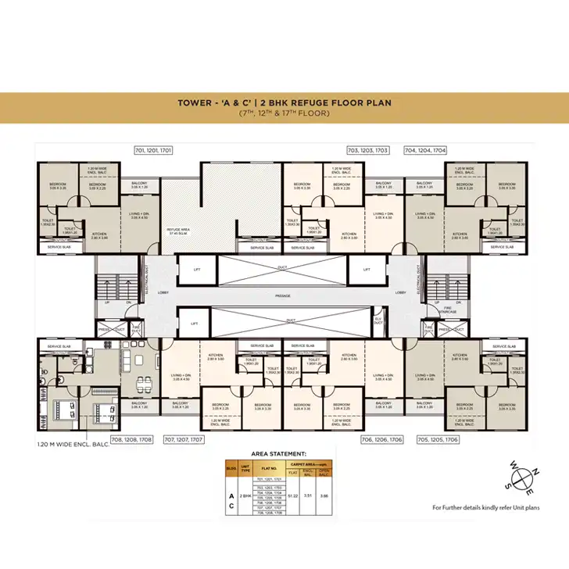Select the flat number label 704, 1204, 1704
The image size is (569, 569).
point(424,149)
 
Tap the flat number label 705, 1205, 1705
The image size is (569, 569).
point(438,440)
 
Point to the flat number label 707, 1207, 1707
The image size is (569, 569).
point(183,441)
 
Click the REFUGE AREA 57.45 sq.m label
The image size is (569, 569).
point(180,231)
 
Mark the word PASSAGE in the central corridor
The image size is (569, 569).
point(283,295)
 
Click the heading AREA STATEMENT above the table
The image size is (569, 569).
point(278,453)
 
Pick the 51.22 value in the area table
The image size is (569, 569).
point(293,495)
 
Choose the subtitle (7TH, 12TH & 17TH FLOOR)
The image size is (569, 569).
point(284,114)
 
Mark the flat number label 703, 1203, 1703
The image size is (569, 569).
point(368,149)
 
